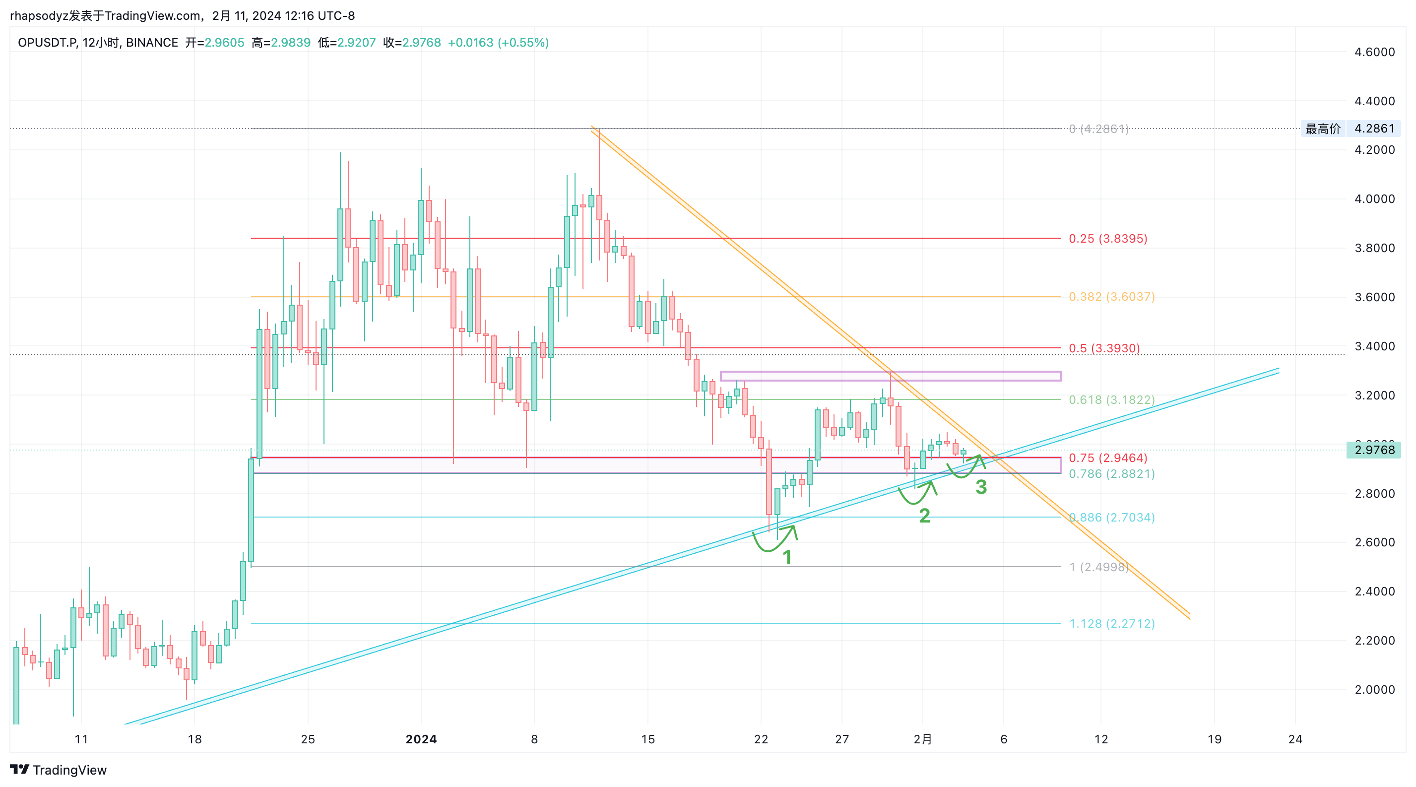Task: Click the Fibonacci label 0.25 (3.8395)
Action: coord(1107,239)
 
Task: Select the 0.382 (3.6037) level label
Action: coord(1111,297)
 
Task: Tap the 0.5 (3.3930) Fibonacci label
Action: coord(1104,348)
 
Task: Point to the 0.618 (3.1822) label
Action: coord(1111,400)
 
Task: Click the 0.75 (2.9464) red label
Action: coord(1107,458)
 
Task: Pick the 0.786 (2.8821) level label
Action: coord(1111,474)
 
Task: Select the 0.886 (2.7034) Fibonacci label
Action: coord(1111,518)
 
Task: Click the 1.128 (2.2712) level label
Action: coord(1111,624)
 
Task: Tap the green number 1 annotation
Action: coord(787,557)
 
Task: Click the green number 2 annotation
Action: coord(925,516)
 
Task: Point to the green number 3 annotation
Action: coord(981,487)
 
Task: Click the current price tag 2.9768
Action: coord(1374,450)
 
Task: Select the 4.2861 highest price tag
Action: coord(1374,129)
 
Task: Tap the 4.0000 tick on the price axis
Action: coord(1374,199)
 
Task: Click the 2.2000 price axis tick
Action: coord(1374,641)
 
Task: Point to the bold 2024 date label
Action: coord(421,739)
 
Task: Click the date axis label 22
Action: coord(761,739)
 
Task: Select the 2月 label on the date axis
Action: coord(922,739)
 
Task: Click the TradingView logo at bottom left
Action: coord(58,770)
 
